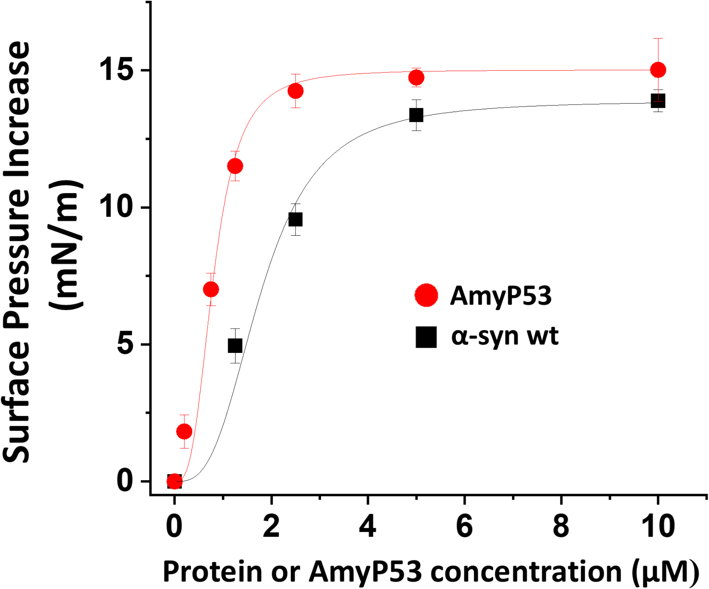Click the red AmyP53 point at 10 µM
point(658,70)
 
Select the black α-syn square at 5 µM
point(416,115)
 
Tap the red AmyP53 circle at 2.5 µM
point(296,91)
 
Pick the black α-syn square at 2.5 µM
point(296,219)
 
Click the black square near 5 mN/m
point(235,346)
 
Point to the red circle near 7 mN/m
point(211,289)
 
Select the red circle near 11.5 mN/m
point(235,166)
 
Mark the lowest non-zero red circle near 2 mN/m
point(184,431)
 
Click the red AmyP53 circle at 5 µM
point(416,77)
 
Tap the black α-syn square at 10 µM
point(658,101)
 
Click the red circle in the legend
point(426,295)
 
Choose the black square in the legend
point(426,337)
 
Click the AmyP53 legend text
point(501,296)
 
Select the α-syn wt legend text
point(505,336)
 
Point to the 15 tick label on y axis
point(115,70)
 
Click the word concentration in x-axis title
point(526,571)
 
